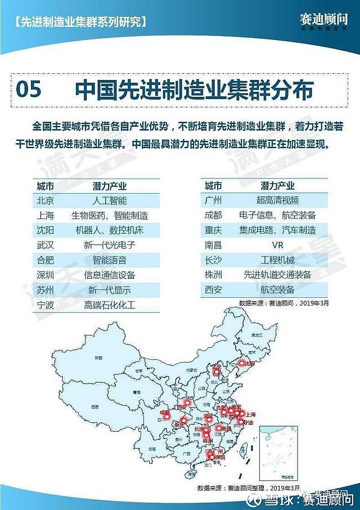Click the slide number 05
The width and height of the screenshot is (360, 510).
click(x=29, y=90)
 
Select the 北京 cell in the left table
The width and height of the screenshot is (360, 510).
click(x=46, y=200)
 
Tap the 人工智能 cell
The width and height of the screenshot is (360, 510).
click(x=109, y=200)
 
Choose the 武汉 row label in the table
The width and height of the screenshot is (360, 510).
click(x=46, y=245)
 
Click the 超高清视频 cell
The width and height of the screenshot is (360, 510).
click(x=277, y=200)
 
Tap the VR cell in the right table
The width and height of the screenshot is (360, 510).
click(x=277, y=245)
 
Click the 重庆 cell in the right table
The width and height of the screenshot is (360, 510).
click(x=213, y=230)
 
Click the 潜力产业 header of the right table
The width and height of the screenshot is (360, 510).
click(x=277, y=186)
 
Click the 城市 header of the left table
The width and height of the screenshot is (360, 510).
click(x=46, y=186)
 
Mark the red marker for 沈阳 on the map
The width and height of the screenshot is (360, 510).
click(x=242, y=364)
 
